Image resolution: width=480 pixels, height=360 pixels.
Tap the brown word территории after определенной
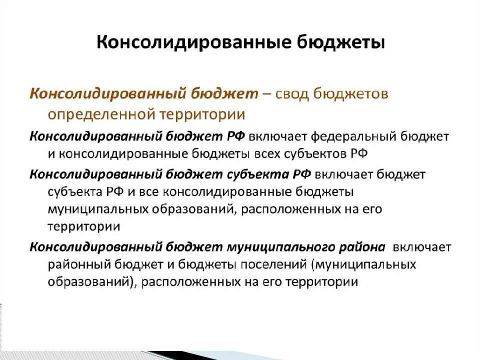[203, 114]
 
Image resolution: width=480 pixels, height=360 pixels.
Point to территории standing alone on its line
[84, 226]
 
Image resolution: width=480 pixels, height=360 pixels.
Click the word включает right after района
[422, 247]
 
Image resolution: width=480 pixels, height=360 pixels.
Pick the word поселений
[279, 264]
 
